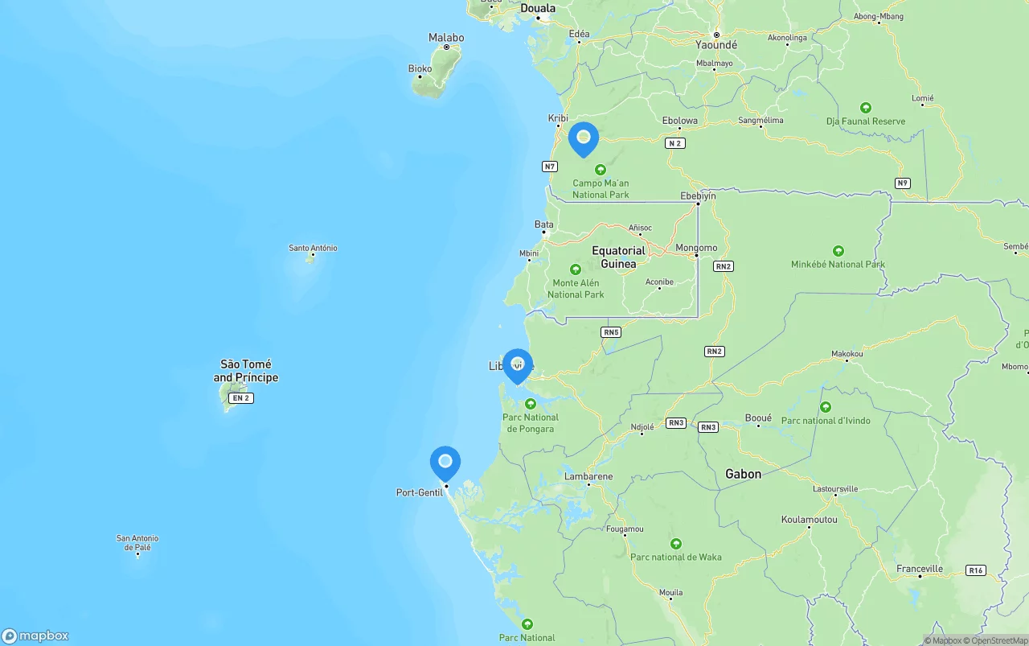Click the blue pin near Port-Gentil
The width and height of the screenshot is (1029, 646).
(x=445, y=463)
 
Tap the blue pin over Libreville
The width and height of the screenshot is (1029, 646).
(x=518, y=364)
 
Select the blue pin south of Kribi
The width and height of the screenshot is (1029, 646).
(x=584, y=138)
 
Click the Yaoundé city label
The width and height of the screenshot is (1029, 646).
(x=715, y=45)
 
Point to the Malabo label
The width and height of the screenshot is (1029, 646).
(x=446, y=38)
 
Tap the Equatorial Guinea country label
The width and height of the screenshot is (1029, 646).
(x=618, y=257)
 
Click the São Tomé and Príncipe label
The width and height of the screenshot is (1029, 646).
(x=246, y=371)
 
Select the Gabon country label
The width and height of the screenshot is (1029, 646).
(x=743, y=474)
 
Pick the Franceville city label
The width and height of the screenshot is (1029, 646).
(x=920, y=569)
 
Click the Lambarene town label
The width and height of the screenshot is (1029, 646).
(x=588, y=476)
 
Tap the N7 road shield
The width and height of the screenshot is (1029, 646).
(x=550, y=167)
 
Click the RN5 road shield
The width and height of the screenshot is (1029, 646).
(x=611, y=332)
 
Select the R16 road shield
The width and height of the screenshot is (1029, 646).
(x=976, y=570)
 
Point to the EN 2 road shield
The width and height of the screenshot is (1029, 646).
(x=241, y=398)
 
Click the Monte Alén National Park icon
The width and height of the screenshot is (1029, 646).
(x=575, y=270)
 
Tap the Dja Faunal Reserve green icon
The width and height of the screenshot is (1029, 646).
(x=866, y=107)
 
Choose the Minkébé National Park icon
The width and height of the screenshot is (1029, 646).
(x=838, y=251)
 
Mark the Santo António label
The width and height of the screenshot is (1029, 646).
(x=313, y=248)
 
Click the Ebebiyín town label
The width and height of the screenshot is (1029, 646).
(x=698, y=195)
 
